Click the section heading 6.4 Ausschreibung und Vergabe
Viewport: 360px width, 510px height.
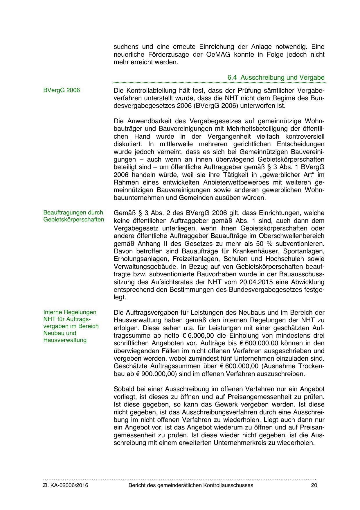(276, 78)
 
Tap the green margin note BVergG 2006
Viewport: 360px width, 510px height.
(61, 90)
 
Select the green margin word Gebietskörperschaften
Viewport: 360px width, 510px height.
(74, 219)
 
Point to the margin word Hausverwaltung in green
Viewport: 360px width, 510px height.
(65, 340)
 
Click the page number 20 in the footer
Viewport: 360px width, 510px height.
(314, 485)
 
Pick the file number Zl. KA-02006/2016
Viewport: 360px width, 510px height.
(66, 485)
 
